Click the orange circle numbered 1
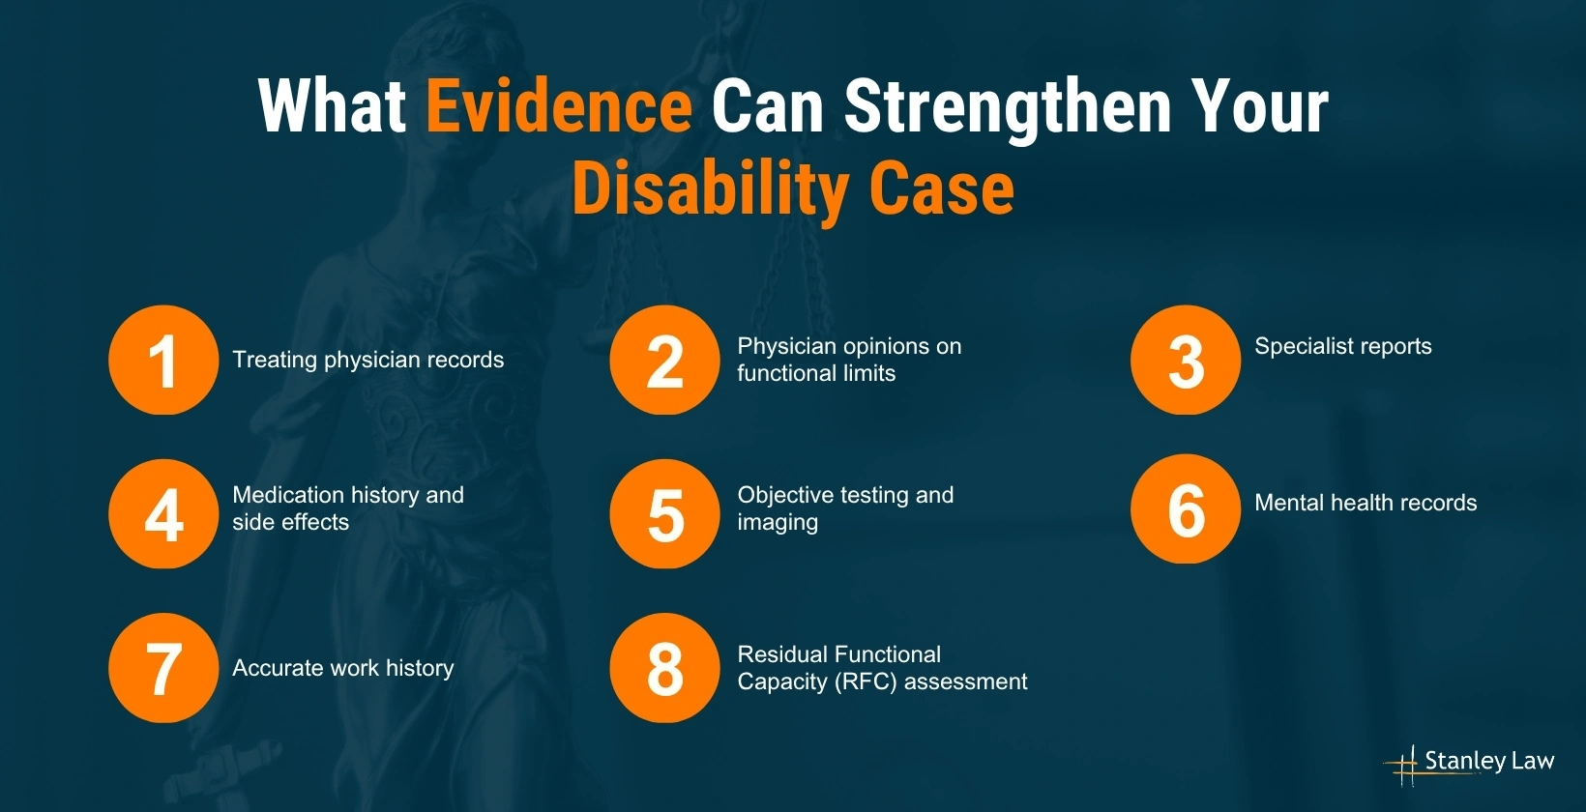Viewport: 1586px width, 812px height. click(x=163, y=361)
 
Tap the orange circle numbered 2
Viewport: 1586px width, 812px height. click(x=664, y=361)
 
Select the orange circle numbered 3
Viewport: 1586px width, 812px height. click(x=1185, y=361)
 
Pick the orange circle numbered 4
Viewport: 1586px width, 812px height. click(x=163, y=513)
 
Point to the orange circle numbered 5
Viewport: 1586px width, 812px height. click(x=664, y=513)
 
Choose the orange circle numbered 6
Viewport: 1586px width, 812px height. click(x=1185, y=508)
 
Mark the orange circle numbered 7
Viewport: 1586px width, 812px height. click(x=163, y=668)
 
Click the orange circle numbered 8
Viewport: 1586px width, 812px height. click(x=664, y=668)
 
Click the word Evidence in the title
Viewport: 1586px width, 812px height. click(x=559, y=106)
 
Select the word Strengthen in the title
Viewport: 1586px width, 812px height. click(x=1007, y=106)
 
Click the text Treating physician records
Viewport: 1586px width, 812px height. click(x=367, y=360)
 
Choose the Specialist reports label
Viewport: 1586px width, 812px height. click(x=1342, y=346)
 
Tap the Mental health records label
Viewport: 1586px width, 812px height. click(x=1365, y=503)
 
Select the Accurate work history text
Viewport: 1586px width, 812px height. click(x=342, y=668)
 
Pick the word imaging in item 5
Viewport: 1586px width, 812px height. click(x=778, y=523)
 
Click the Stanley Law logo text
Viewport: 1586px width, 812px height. click(x=1488, y=761)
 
